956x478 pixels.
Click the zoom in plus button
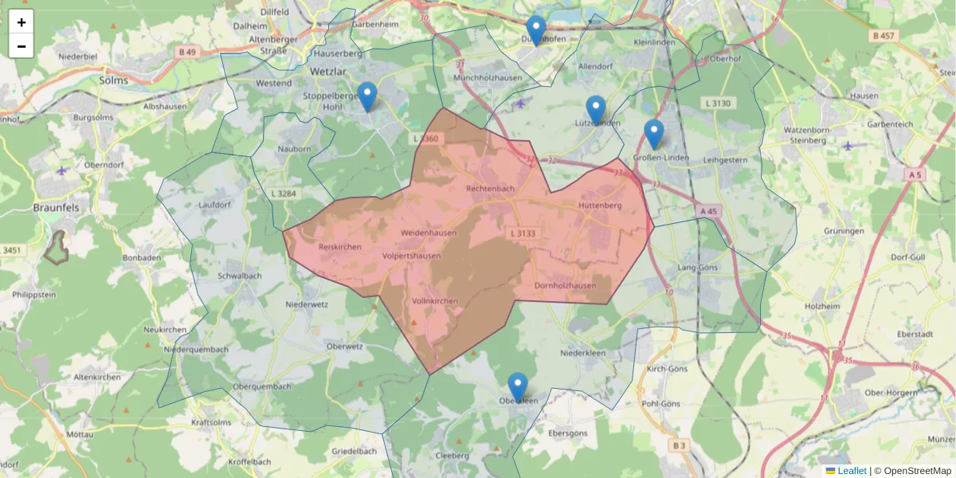tap(22, 22)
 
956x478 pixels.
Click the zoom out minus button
tap(22, 46)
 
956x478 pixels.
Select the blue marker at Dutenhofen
tap(536, 30)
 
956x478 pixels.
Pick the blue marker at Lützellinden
tap(596, 110)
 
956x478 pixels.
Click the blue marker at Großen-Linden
tap(654, 134)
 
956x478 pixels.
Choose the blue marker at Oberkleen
tap(518, 387)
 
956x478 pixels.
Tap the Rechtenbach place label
tap(490, 189)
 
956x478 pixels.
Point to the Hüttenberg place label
tap(599, 205)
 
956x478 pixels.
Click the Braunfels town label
tap(54, 207)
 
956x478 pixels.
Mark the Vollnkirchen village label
tap(435, 301)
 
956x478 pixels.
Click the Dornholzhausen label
tap(565, 286)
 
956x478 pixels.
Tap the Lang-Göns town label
tap(697, 268)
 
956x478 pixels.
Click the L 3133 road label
tap(522, 233)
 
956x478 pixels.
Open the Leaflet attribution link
tap(851, 471)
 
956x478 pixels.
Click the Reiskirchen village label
tap(339, 247)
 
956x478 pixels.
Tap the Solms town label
tap(114, 80)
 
